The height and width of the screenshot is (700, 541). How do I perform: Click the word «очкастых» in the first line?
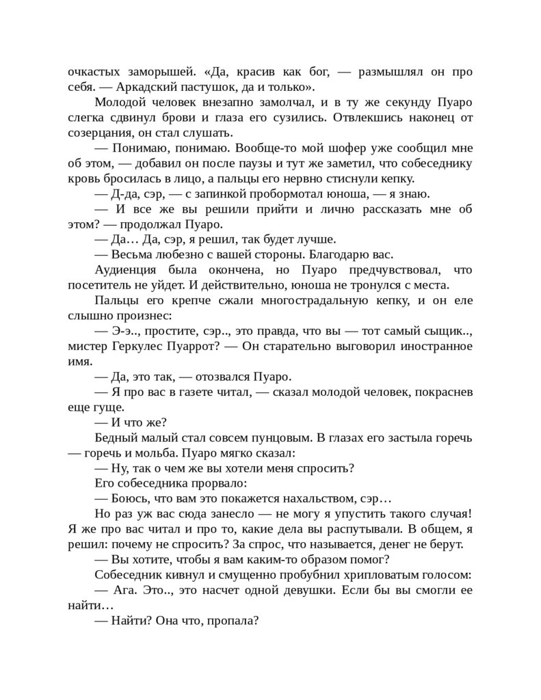(x=95, y=72)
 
